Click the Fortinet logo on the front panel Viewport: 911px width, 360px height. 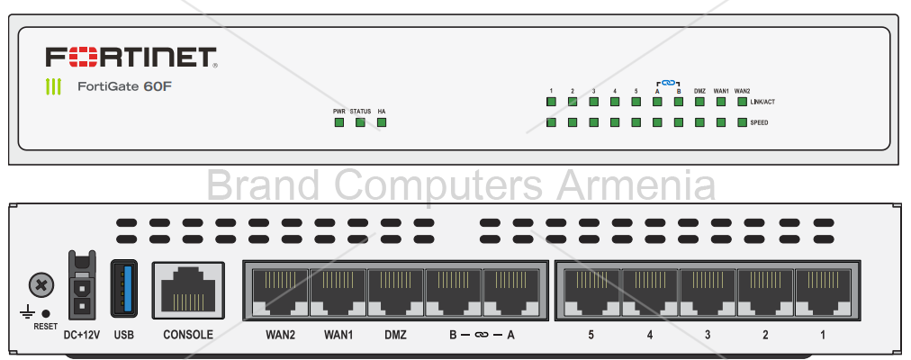point(131,58)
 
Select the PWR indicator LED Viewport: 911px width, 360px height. point(339,122)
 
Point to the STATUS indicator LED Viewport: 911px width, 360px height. point(360,122)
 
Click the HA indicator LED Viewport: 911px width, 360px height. point(382,122)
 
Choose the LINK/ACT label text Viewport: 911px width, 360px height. point(762,103)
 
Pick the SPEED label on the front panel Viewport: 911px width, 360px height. point(759,122)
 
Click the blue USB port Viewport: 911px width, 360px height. point(124,287)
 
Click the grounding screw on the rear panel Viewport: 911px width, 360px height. point(40,286)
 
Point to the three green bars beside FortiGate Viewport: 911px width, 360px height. point(54,87)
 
